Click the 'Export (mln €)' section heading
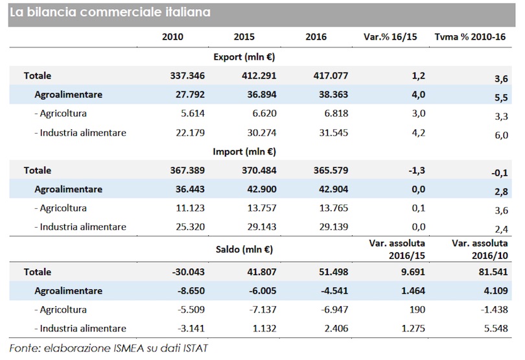point(244,57)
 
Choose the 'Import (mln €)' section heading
point(244,152)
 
